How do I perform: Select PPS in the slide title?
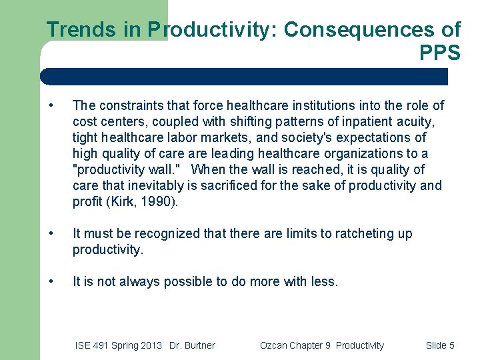click(x=440, y=53)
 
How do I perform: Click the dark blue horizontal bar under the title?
click(x=243, y=77)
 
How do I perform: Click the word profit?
click(x=85, y=201)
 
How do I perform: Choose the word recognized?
click(x=167, y=233)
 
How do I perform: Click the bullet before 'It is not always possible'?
click(x=52, y=281)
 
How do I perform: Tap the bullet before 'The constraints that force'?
click(x=52, y=105)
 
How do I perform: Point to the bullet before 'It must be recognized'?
click(x=52, y=233)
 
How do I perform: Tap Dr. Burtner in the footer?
click(x=192, y=345)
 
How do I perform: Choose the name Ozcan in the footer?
click(x=274, y=345)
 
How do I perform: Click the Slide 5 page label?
click(x=440, y=345)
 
